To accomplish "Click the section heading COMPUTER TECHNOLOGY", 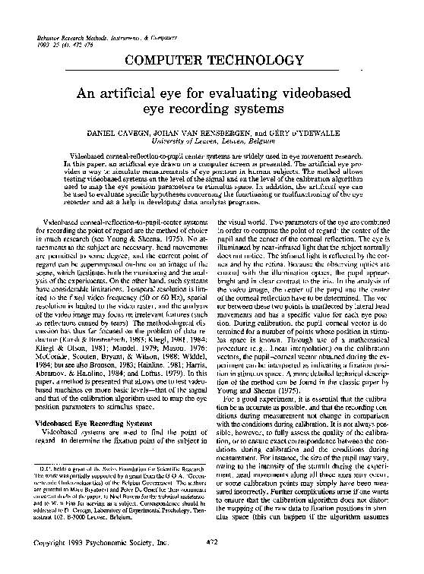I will [x=212, y=60].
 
